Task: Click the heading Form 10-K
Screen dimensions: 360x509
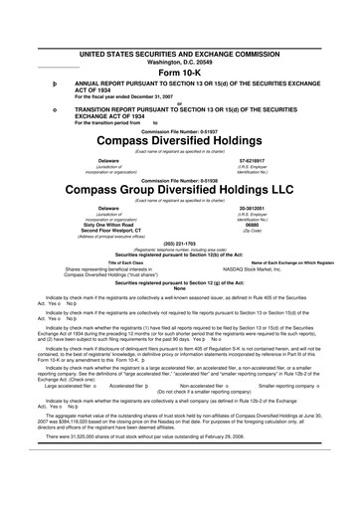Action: (x=179, y=74)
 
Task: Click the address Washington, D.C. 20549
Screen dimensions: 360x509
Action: (x=179, y=62)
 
